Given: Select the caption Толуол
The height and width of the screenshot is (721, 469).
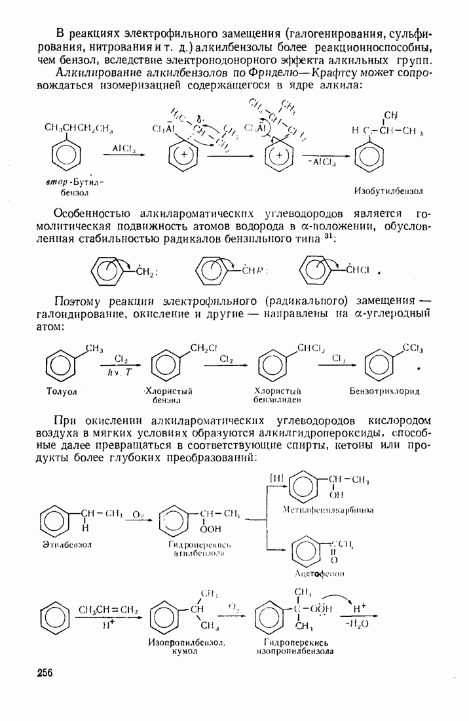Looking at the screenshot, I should click(62, 391).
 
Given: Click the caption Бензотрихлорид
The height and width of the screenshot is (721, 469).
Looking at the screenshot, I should click(385, 391).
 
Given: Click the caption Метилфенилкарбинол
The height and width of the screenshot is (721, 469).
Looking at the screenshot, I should click(320, 510).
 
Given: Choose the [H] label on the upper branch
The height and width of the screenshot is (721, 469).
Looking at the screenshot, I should click(276, 478).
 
